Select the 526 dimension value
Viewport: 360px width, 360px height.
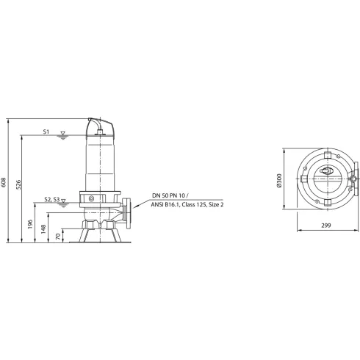[x=20, y=185]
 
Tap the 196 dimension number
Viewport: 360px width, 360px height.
[x=31, y=223]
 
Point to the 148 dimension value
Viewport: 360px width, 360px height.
[x=44, y=228]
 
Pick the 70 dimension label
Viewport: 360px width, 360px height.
[x=59, y=236]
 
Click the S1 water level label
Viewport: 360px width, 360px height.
[x=46, y=132]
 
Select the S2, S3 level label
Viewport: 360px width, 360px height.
[x=52, y=199]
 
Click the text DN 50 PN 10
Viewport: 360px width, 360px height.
[x=170, y=195]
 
